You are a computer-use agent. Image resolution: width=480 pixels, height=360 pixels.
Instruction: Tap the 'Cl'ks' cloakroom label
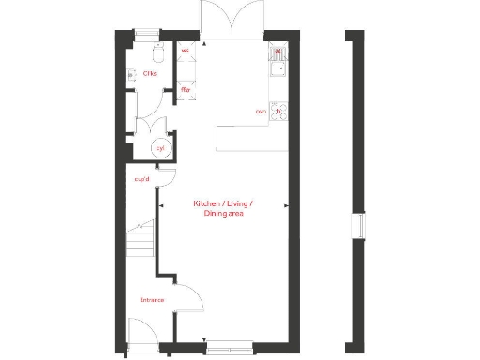[150, 73]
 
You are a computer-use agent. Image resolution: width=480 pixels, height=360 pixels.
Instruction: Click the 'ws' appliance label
[185, 51]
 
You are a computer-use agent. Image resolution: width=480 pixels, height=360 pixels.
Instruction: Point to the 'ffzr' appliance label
[186, 90]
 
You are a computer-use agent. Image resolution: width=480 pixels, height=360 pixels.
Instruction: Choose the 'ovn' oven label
[261, 112]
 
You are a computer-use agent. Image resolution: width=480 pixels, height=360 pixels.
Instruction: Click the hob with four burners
[278, 112]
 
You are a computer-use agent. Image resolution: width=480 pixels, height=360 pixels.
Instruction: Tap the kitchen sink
[278, 64]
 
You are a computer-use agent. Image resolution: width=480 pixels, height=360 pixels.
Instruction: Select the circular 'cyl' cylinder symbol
[160, 148]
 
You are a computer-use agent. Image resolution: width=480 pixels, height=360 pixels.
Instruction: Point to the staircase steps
[140, 241]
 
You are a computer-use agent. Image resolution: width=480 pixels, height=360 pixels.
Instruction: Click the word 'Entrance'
[152, 300]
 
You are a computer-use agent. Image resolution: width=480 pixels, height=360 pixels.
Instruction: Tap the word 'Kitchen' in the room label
[209, 203]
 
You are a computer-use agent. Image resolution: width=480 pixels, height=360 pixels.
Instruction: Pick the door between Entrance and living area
[188, 301]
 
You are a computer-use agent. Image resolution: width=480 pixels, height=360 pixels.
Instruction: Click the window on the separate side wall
[354, 228]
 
